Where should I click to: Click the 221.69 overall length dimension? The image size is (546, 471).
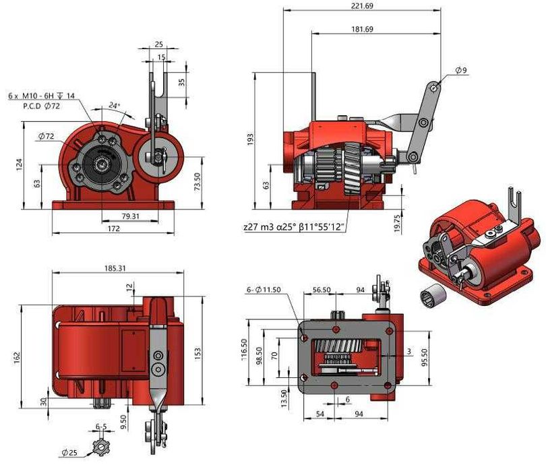tap(361, 5)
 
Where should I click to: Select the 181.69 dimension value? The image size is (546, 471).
tap(361, 29)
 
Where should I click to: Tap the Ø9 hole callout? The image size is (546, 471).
tap(461, 70)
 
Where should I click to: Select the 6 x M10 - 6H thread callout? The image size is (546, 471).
tap(41, 96)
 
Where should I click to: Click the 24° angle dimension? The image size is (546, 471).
tap(115, 106)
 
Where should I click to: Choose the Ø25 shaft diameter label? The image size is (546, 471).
tap(69, 451)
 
